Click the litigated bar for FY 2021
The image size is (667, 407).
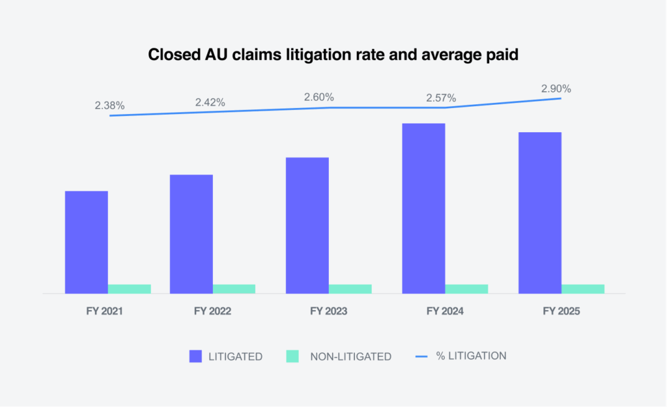tap(87, 242)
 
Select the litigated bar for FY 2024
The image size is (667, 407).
tap(423, 208)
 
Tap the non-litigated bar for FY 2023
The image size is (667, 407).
tap(350, 288)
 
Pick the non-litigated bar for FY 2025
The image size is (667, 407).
tap(583, 288)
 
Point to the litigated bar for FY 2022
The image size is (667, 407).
tap(192, 234)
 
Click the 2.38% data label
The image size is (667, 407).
tap(109, 105)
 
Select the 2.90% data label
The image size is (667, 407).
tap(556, 89)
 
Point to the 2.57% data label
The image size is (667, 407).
tap(441, 98)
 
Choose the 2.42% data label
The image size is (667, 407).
tap(210, 102)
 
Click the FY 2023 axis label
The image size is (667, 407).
tap(329, 311)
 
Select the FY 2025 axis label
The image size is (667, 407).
tap(561, 311)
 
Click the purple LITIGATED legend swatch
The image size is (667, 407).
tap(196, 356)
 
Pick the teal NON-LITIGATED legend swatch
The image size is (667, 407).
tap(292, 356)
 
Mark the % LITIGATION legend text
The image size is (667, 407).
tap(471, 356)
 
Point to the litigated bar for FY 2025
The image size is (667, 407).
tap(540, 213)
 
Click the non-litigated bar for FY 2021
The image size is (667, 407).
tap(129, 288)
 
